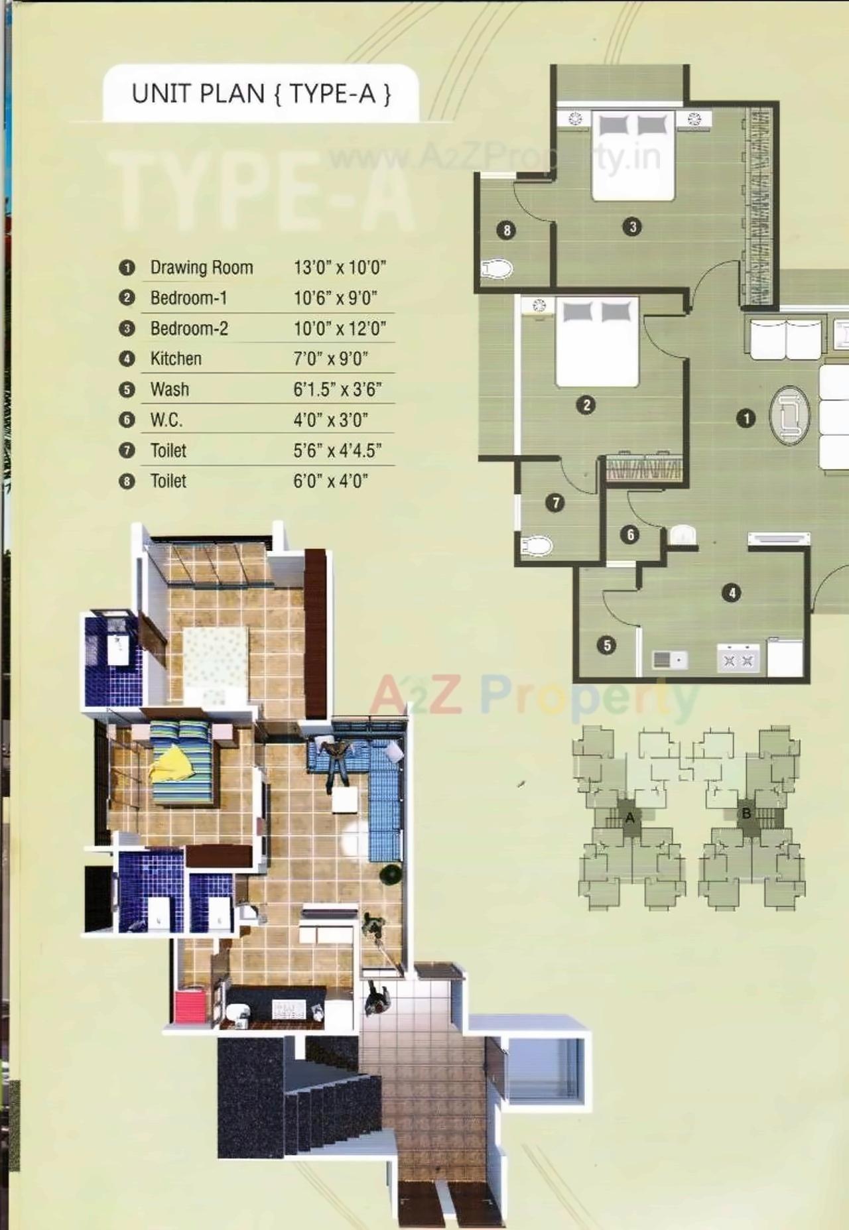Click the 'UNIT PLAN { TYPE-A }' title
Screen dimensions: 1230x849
(x=261, y=93)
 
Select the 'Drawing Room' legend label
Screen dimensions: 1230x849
(x=202, y=267)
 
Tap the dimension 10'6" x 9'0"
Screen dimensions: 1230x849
(x=335, y=298)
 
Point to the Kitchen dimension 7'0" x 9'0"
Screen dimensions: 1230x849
(x=330, y=359)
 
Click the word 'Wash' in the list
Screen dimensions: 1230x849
(x=169, y=389)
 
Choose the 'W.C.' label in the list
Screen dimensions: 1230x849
(x=166, y=420)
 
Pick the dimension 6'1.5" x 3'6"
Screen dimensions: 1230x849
(x=337, y=389)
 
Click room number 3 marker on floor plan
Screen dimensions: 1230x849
(x=632, y=227)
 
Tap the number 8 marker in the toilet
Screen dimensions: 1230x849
(x=507, y=230)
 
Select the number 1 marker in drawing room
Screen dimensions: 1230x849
(x=746, y=418)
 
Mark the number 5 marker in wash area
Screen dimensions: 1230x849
(x=607, y=645)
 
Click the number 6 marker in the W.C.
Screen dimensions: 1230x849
(x=629, y=534)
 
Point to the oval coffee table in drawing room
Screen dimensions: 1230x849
(x=789, y=416)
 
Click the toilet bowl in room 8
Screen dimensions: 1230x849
(x=497, y=269)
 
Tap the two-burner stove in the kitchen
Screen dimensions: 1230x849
(x=738, y=660)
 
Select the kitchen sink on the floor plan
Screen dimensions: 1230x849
(x=669, y=660)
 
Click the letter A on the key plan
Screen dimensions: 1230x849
(x=629, y=818)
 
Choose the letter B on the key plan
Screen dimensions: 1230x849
(x=746, y=814)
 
